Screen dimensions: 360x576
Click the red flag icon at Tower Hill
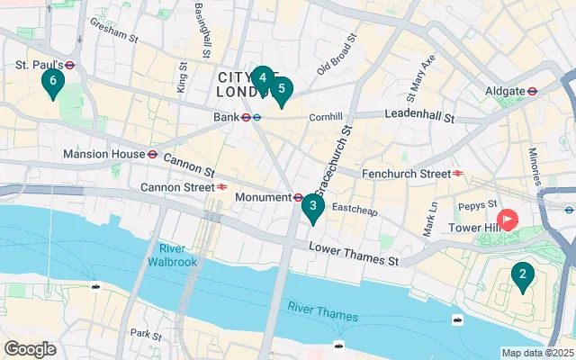pyautogui.click(x=508, y=220)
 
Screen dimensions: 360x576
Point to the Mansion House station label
pyautogui.click(x=103, y=154)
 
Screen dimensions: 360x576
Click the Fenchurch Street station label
pyautogui.click(x=404, y=173)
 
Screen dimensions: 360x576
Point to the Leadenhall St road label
pyautogui.click(x=418, y=115)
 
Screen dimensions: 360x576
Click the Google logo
pyautogui.click(x=30, y=349)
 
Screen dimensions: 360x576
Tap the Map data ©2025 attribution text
pyautogui.click(x=536, y=353)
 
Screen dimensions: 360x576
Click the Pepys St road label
pyautogui.click(x=479, y=205)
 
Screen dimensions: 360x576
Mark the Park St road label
pyautogui.click(x=145, y=333)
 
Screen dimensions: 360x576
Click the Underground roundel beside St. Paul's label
pyautogui.click(x=69, y=65)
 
